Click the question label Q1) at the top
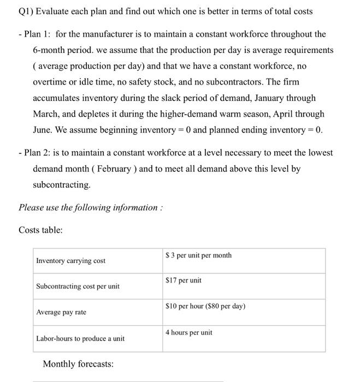point(27,11)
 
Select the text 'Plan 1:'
point(37,34)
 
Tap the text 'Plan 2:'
point(37,153)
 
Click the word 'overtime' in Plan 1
point(50,82)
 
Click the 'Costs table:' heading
point(41,230)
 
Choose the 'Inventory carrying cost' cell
point(70,261)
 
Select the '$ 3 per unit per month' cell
point(198,255)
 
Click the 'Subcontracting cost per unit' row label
point(78,286)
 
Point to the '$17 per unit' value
point(183,280)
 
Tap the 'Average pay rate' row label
point(61,312)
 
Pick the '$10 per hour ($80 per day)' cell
point(205,306)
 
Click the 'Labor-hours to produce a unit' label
point(80,338)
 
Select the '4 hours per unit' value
point(188,332)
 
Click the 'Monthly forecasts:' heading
point(78,364)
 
